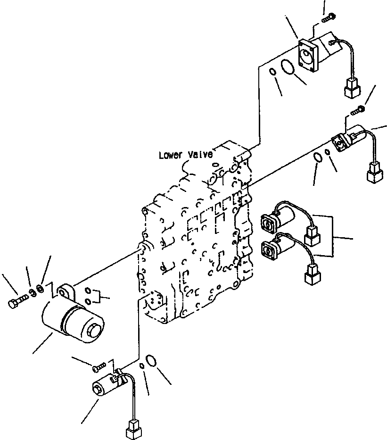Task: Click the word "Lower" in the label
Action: (x=169, y=155)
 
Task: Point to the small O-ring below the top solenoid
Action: (x=272, y=72)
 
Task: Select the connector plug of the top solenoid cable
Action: (x=352, y=88)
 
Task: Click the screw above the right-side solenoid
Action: (x=359, y=110)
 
